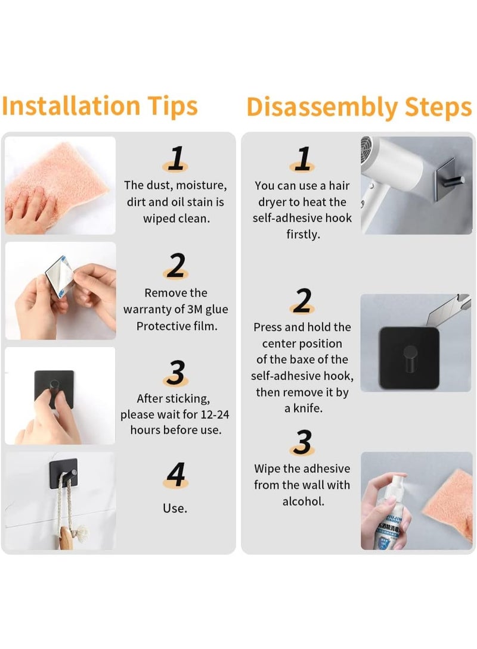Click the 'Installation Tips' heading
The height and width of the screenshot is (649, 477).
100,106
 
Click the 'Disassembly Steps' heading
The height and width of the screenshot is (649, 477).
359,107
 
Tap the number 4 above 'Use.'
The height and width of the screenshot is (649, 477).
175,475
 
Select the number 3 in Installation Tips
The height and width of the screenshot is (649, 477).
175,373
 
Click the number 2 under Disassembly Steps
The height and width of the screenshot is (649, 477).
302,301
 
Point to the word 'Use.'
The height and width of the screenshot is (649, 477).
175,508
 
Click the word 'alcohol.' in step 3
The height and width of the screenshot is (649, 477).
303,501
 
